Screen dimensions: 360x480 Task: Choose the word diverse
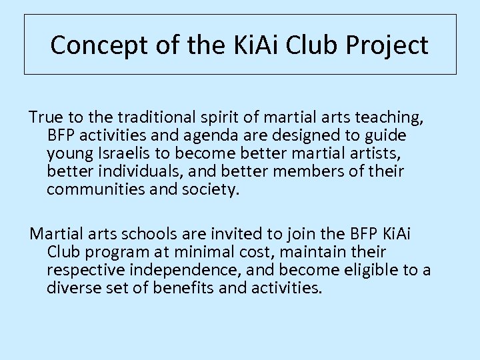(73, 288)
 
